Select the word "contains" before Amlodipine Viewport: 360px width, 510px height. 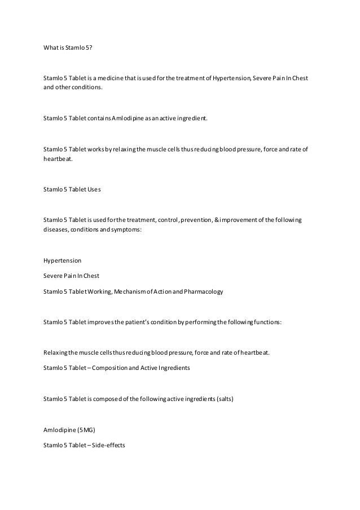pos(94,119)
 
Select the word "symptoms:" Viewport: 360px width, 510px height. pos(128,230)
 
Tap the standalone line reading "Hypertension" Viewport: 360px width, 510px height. pos(62,261)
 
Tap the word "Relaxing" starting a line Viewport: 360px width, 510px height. pos(55,353)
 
